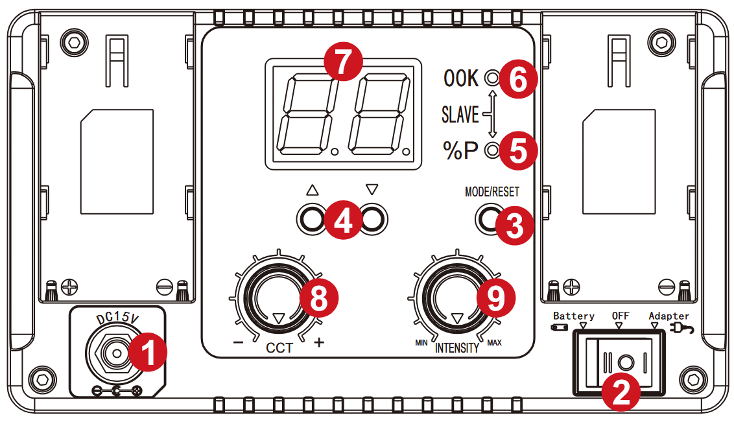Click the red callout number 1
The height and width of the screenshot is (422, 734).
[148, 352]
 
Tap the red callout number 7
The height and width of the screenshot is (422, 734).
[344, 62]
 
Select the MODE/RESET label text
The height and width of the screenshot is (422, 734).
[492, 192]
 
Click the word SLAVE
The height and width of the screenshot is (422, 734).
[460, 115]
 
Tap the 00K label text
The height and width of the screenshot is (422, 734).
[461, 78]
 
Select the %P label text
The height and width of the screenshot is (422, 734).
[460, 150]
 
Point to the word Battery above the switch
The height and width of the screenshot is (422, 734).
[573, 316]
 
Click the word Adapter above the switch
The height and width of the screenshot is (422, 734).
[669, 316]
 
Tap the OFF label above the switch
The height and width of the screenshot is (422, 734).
[621, 316]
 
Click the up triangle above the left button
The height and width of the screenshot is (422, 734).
[313, 190]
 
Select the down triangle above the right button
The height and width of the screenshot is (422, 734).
[372, 189]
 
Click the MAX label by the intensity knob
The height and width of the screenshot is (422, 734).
[494, 343]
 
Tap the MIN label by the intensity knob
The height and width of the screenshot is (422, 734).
[421, 343]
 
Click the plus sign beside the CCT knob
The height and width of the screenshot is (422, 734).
[319, 342]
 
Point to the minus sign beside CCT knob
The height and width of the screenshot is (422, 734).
[238, 343]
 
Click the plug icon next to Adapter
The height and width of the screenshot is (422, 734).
[683, 329]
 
